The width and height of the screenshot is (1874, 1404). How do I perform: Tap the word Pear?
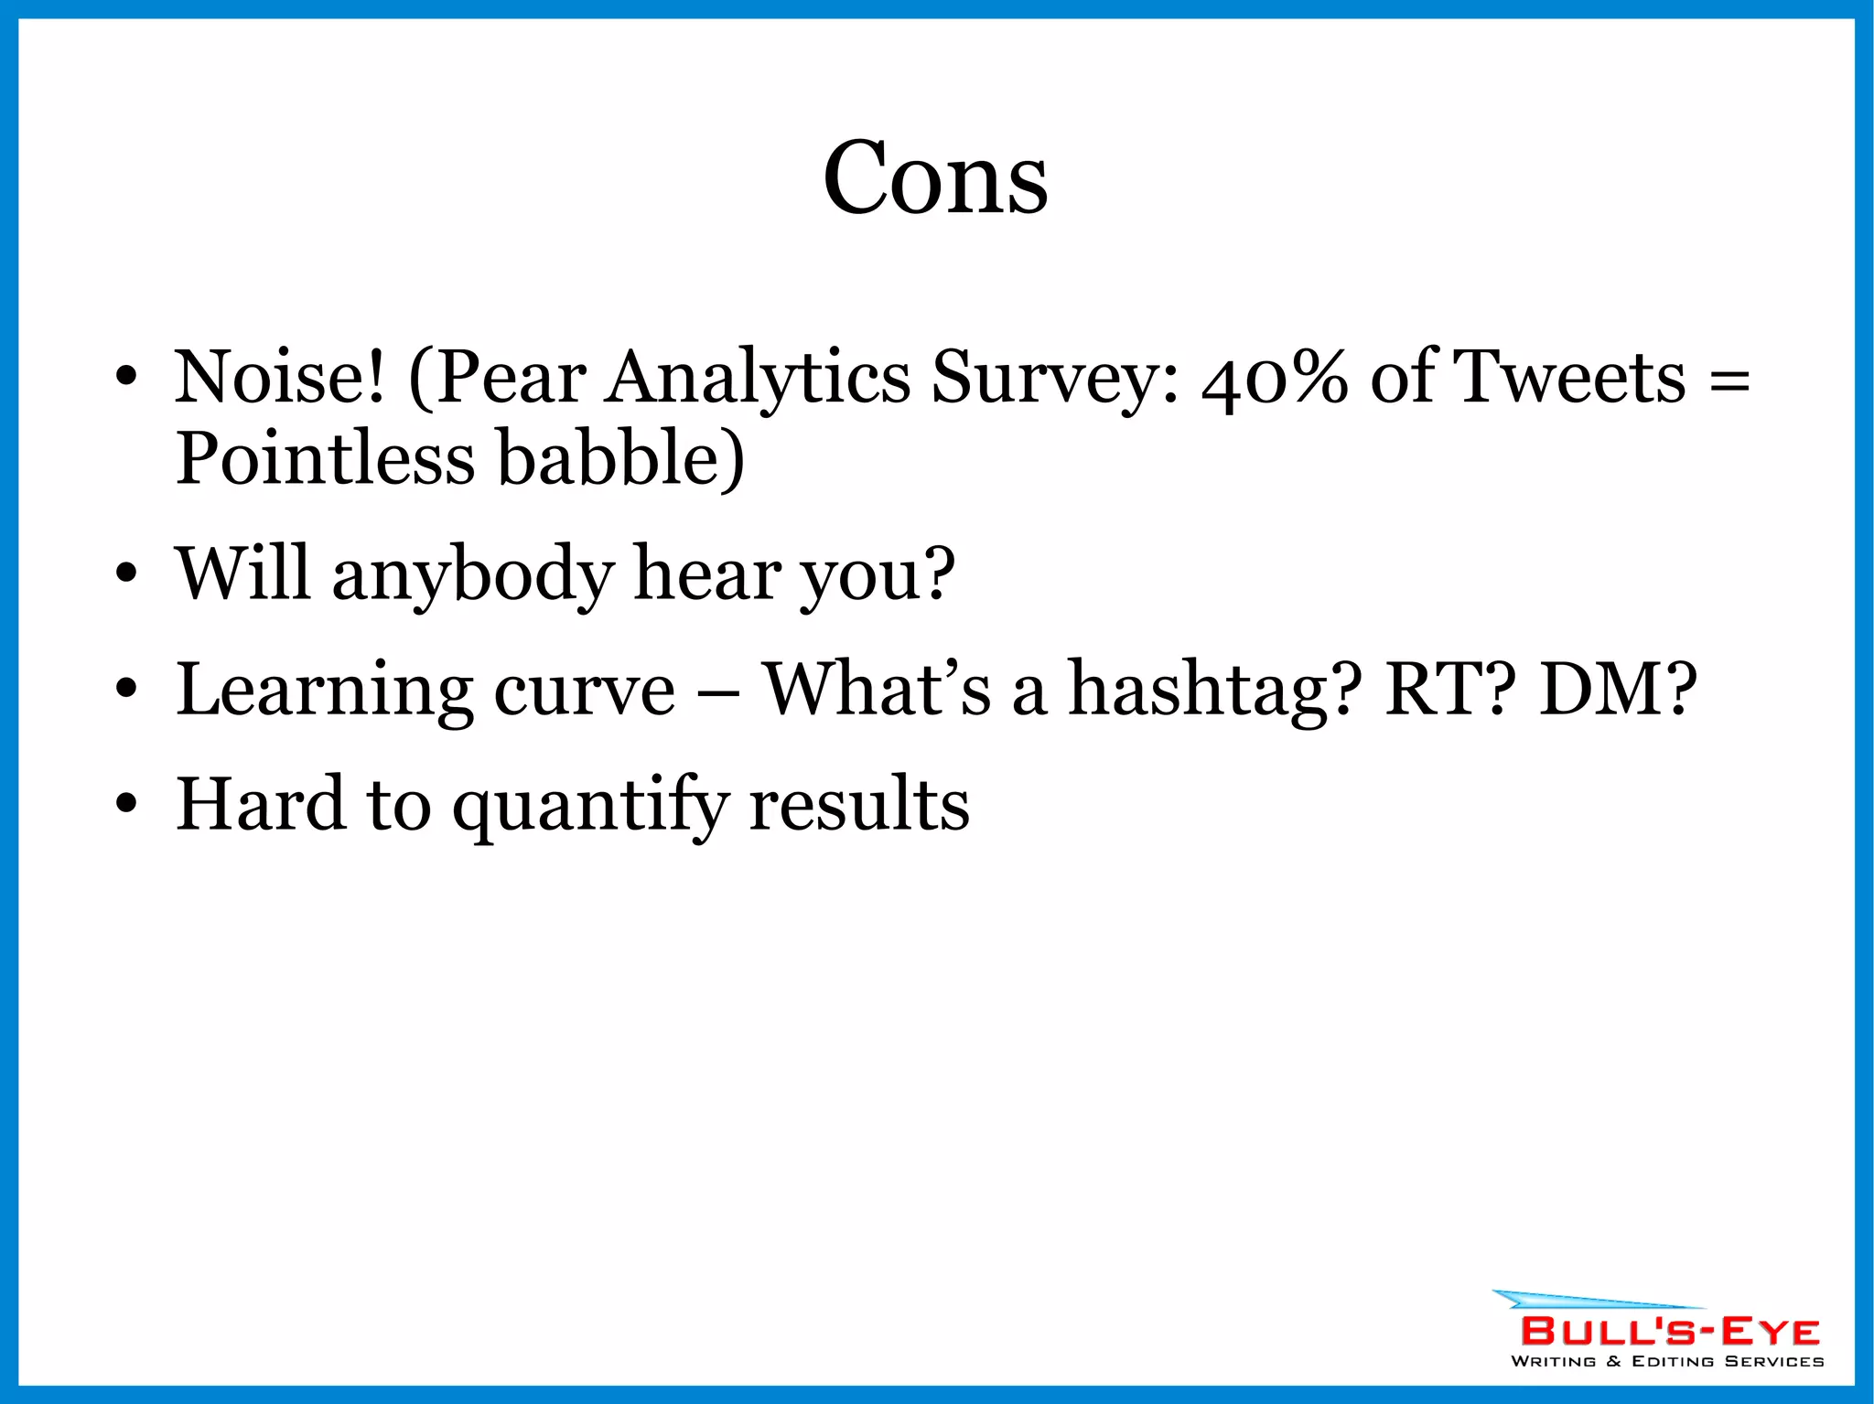(x=511, y=377)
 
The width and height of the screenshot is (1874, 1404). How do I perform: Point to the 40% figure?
(x=1274, y=377)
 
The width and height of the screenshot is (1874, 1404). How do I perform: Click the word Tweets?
(x=1569, y=377)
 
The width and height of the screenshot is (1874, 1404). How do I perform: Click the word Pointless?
(x=325, y=457)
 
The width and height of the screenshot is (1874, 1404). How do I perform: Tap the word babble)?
(x=620, y=457)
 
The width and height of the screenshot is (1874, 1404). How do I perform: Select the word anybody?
(x=472, y=574)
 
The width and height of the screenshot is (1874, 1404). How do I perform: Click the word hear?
(x=708, y=574)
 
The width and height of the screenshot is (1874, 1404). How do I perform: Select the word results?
(x=859, y=805)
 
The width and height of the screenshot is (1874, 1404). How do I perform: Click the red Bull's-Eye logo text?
(x=1669, y=1332)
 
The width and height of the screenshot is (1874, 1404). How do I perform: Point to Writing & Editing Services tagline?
(x=1667, y=1361)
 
